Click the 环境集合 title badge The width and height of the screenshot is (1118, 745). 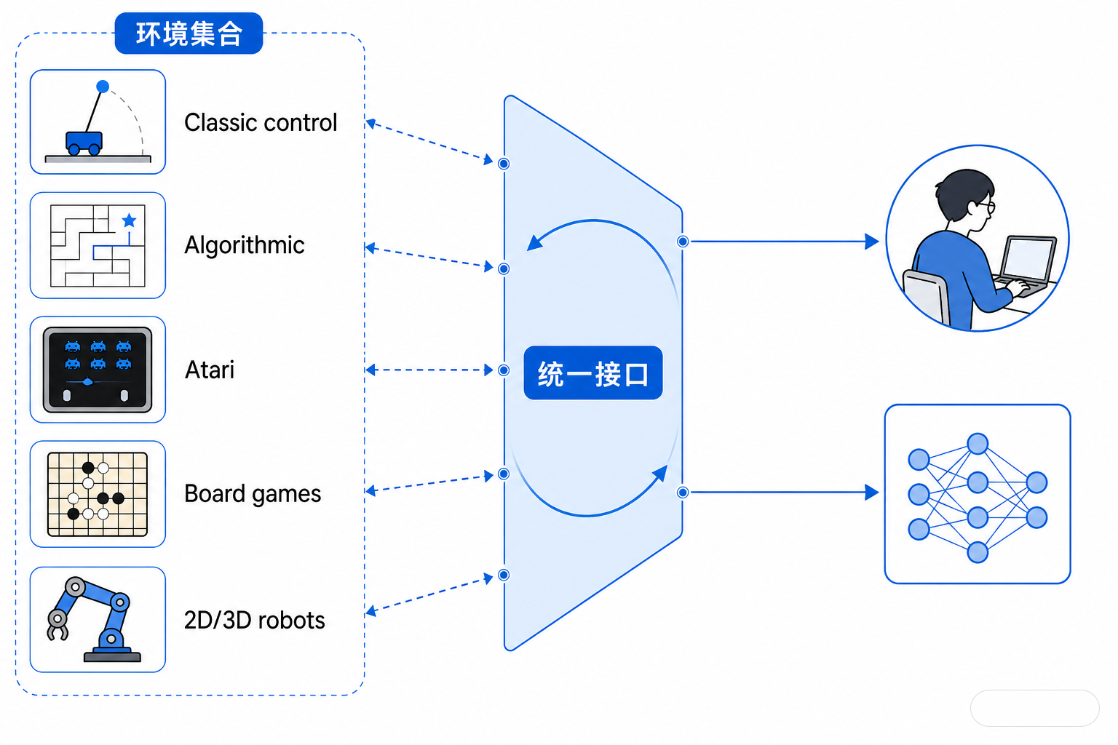click(x=189, y=33)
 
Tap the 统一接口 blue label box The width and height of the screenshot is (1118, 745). click(x=593, y=372)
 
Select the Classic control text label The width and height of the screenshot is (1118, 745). click(x=261, y=123)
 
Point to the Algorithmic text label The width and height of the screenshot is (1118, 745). click(x=245, y=245)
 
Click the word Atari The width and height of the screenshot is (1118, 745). click(x=210, y=370)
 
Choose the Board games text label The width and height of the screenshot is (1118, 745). click(x=253, y=494)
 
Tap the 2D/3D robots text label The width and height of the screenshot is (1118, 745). click(x=255, y=621)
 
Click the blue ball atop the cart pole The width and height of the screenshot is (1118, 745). click(x=103, y=87)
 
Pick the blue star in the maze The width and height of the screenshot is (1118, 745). click(x=130, y=220)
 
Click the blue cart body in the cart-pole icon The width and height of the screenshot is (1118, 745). click(x=84, y=140)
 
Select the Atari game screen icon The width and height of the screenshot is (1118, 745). click(x=98, y=370)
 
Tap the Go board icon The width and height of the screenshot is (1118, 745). click(x=98, y=494)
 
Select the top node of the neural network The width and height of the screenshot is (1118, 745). click(x=978, y=444)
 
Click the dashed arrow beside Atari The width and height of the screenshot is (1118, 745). click(x=429, y=370)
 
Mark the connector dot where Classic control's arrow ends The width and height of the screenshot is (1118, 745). click(x=504, y=164)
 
